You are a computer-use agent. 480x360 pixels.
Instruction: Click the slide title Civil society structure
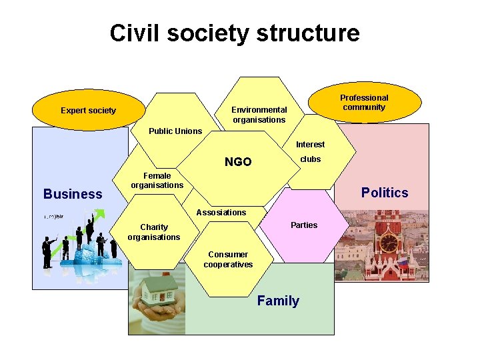click(x=235, y=33)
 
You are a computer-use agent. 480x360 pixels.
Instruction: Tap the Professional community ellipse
click(x=364, y=103)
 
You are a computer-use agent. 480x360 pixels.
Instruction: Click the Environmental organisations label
click(x=259, y=115)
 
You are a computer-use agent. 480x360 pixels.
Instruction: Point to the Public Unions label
click(x=175, y=131)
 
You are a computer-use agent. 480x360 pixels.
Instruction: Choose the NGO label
click(x=238, y=162)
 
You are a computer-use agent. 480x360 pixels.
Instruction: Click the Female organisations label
click(x=157, y=181)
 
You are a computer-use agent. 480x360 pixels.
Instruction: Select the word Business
click(x=73, y=194)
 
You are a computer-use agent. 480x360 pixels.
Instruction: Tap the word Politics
click(x=384, y=193)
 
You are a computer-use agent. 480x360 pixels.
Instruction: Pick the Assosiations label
click(x=221, y=213)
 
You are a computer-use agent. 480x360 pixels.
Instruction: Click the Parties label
click(x=304, y=225)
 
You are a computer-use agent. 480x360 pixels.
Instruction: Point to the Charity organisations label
click(x=154, y=232)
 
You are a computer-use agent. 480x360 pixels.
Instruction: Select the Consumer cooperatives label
click(x=228, y=259)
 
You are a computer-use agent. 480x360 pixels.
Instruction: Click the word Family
click(x=278, y=301)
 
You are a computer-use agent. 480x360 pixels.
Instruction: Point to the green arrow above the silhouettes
click(x=98, y=215)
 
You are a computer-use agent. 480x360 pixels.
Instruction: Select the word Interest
click(x=310, y=145)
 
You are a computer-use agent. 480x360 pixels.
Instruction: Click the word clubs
click(x=310, y=159)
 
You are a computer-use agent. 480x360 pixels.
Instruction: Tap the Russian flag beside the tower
click(x=403, y=262)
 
